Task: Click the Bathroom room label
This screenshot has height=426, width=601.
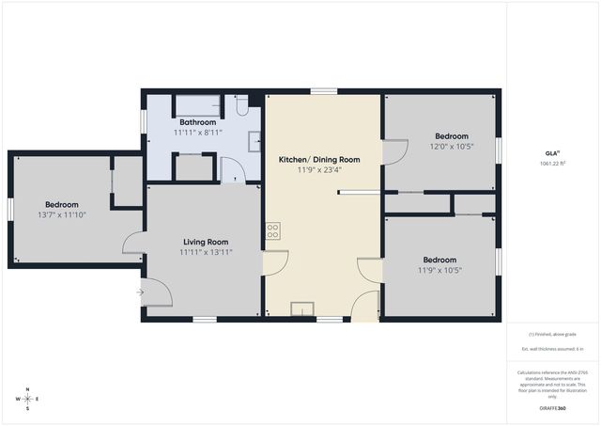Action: pos(198,122)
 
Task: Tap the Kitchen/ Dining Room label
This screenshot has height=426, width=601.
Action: pos(319,159)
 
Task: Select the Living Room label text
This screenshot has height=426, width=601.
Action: pos(206,242)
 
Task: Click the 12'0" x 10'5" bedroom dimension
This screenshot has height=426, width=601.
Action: pos(452,147)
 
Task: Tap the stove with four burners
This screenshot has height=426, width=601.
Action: pos(273,229)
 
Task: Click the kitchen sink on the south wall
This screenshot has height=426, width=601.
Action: pos(303,309)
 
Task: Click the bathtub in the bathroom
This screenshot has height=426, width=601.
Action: pos(198,103)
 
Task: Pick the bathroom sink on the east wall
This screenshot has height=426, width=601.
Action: pos(254,141)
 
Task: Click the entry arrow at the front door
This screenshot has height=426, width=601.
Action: pos(140,292)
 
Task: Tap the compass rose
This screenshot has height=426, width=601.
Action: pos(28,399)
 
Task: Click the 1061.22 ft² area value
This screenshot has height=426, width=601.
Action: pos(553,164)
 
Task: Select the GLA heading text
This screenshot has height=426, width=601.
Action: pos(552,152)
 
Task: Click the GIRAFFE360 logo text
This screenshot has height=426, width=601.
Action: pos(553,409)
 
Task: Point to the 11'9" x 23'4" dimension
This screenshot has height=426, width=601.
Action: pos(319,170)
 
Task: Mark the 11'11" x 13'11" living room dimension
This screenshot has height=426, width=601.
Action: pos(206,252)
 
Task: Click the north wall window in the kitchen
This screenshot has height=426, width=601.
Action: pos(324,91)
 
